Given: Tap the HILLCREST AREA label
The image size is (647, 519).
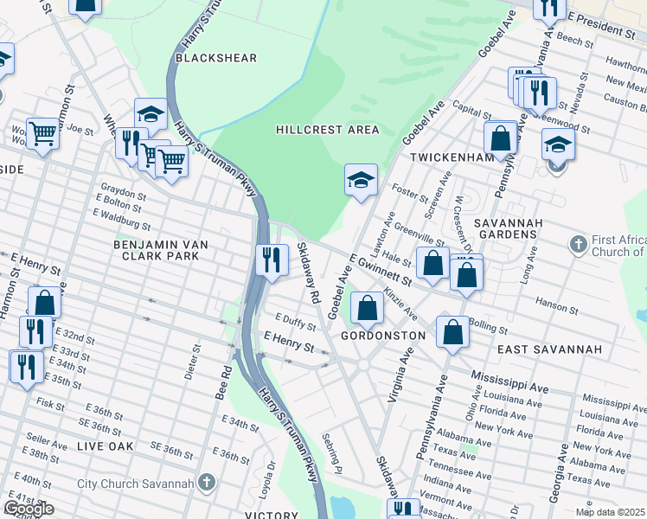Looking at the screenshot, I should click(x=327, y=130).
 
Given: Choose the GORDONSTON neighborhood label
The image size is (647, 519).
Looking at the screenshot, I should click(x=383, y=335).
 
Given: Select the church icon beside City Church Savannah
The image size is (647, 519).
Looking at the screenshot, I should click(x=206, y=481).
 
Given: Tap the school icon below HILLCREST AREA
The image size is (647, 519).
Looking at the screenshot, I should click(x=361, y=180).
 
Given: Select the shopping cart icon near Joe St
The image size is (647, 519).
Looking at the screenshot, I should click(x=42, y=133).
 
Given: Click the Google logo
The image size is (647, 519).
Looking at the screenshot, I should click(x=29, y=509).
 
